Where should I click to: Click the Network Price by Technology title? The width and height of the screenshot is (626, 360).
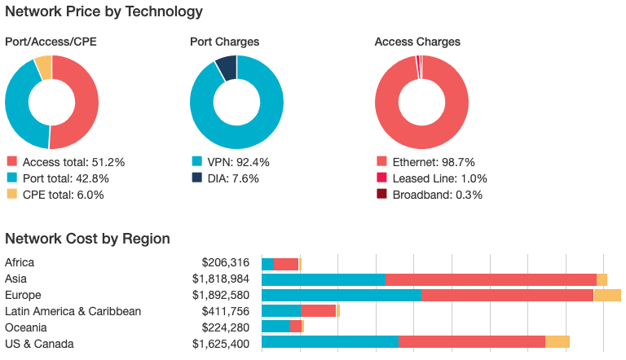[x=104, y=11]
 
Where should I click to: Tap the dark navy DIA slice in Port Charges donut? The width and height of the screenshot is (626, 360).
[x=227, y=67]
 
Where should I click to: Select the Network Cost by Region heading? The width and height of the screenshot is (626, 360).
[x=87, y=239]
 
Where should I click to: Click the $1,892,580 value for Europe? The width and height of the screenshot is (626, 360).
[x=221, y=295]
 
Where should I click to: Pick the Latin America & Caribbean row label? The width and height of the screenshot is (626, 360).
[x=73, y=311]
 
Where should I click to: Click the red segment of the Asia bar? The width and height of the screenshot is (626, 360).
[x=491, y=279]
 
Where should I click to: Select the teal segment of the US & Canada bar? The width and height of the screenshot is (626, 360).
[x=330, y=343]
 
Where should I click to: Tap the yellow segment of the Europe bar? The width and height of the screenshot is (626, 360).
[x=607, y=295]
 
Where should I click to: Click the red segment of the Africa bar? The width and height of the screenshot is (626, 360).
[x=286, y=264]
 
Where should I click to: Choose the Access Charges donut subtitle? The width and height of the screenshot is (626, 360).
[x=417, y=42]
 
